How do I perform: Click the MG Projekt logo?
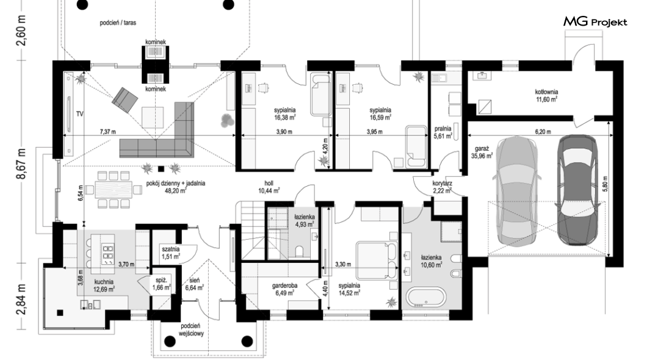[595, 22]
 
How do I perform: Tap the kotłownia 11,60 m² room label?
[546, 96]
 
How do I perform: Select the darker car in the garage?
[577, 190]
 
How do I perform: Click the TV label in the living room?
[79, 114]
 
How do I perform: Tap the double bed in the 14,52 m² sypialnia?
[377, 261]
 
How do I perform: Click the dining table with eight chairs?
[114, 190]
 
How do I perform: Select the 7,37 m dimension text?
[107, 132]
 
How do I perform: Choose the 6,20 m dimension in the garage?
[543, 132]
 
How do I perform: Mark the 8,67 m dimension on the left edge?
[21, 164]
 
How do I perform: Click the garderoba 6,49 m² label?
[284, 289]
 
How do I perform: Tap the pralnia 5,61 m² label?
[443, 132]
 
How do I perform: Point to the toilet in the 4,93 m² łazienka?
[300, 251]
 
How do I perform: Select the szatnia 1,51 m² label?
[171, 253]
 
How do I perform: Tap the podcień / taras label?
[118, 23]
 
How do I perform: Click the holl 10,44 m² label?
[269, 187]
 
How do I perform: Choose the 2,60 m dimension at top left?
[21, 31]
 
